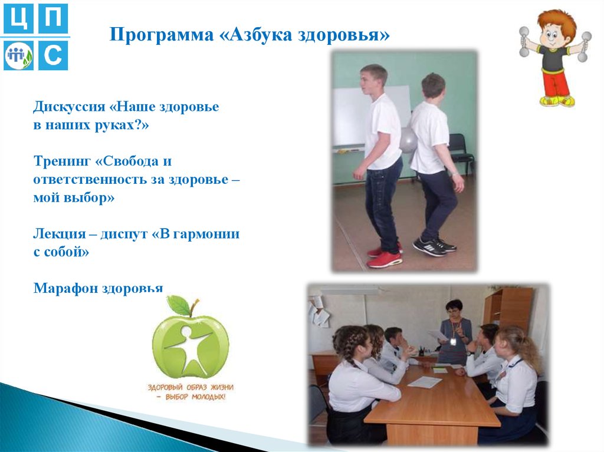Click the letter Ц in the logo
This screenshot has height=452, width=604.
click(x=18, y=19)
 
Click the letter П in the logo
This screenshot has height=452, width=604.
click(x=53, y=19)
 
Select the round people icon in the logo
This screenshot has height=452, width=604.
click(x=18, y=56)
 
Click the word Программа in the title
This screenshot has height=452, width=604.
click(x=162, y=35)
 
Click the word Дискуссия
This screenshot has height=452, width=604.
click(x=69, y=106)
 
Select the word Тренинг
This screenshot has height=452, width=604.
click(x=62, y=160)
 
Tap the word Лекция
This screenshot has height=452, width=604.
click(x=60, y=233)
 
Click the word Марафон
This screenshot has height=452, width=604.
click(x=65, y=288)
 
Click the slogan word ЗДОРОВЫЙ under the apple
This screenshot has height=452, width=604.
click(x=166, y=387)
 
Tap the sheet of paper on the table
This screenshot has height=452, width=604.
click(x=425, y=382)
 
